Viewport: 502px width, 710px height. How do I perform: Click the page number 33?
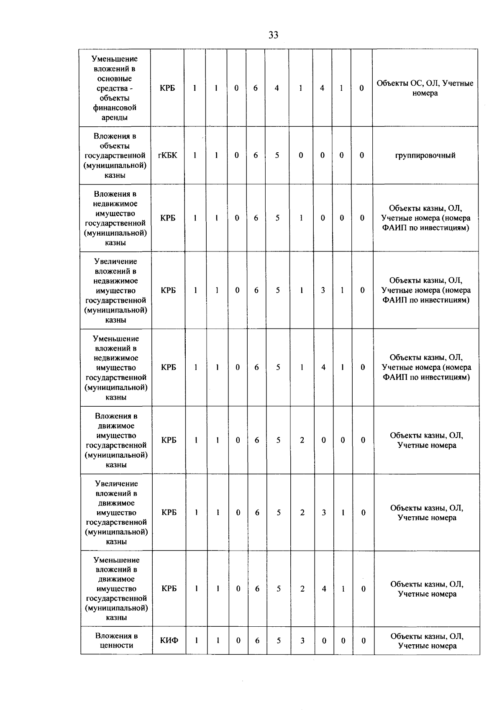click(x=273, y=35)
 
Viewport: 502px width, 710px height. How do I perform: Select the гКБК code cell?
click(x=167, y=155)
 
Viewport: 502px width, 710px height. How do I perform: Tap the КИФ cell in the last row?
click(x=169, y=640)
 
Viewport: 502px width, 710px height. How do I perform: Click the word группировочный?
click(x=425, y=156)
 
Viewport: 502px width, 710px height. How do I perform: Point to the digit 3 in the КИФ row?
click(x=302, y=640)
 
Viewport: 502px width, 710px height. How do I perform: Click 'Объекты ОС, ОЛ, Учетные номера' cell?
click(x=425, y=88)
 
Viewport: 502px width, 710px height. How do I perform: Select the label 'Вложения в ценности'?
click(x=116, y=640)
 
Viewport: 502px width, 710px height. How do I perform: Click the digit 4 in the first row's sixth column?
click(x=277, y=88)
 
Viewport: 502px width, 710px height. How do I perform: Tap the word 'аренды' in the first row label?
click(x=115, y=118)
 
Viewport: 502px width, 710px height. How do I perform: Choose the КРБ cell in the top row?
click(x=167, y=88)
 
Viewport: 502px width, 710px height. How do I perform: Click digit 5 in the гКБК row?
click(x=277, y=155)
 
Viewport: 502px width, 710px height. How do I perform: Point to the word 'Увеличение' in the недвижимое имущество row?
click(x=115, y=261)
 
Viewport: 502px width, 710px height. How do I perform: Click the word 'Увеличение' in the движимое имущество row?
click(x=116, y=484)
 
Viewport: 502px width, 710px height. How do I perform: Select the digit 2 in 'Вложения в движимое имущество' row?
click(x=302, y=440)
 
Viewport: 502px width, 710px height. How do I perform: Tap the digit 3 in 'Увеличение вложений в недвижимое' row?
click(x=323, y=290)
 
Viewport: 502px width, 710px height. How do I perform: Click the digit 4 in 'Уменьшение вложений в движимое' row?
click(x=324, y=589)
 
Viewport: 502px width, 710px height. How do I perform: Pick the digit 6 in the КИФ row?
click(x=257, y=640)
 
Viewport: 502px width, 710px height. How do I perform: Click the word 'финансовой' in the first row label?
click(x=115, y=108)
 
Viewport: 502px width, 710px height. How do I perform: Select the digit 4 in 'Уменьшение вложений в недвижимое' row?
click(x=323, y=367)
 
